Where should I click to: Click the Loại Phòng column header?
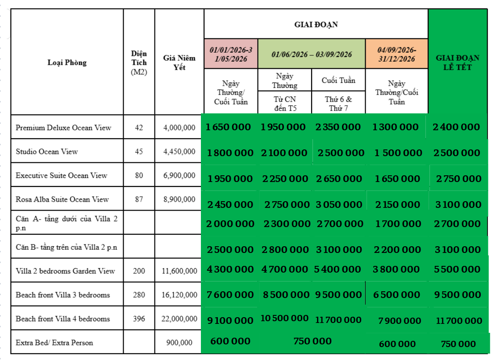(x=67, y=62)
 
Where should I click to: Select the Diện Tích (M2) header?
(x=139, y=62)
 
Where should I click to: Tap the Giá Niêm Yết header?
(x=179, y=62)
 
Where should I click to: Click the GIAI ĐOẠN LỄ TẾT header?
(x=458, y=62)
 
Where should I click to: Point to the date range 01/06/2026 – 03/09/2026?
(x=312, y=54)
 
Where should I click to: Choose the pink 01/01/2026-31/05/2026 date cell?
(x=231, y=54)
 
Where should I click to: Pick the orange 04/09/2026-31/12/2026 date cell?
(x=396, y=54)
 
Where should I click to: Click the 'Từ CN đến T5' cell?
(x=284, y=103)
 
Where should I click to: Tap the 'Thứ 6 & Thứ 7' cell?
(x=338, y=103)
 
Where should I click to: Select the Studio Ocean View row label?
(x=46, y=152)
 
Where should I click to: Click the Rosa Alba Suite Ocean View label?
(x=62, y=199)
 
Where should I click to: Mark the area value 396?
(x=139, y=319)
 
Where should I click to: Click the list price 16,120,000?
(x=179, y=295)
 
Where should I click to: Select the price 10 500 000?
(x=284, y=318)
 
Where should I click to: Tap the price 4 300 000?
(x=230, y=269)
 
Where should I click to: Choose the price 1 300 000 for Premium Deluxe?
(x=395, y=127)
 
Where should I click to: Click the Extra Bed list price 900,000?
(x=179, y=343)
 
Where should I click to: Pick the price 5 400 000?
(x=338, y=269)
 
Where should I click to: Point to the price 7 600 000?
(x=230, y=295)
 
